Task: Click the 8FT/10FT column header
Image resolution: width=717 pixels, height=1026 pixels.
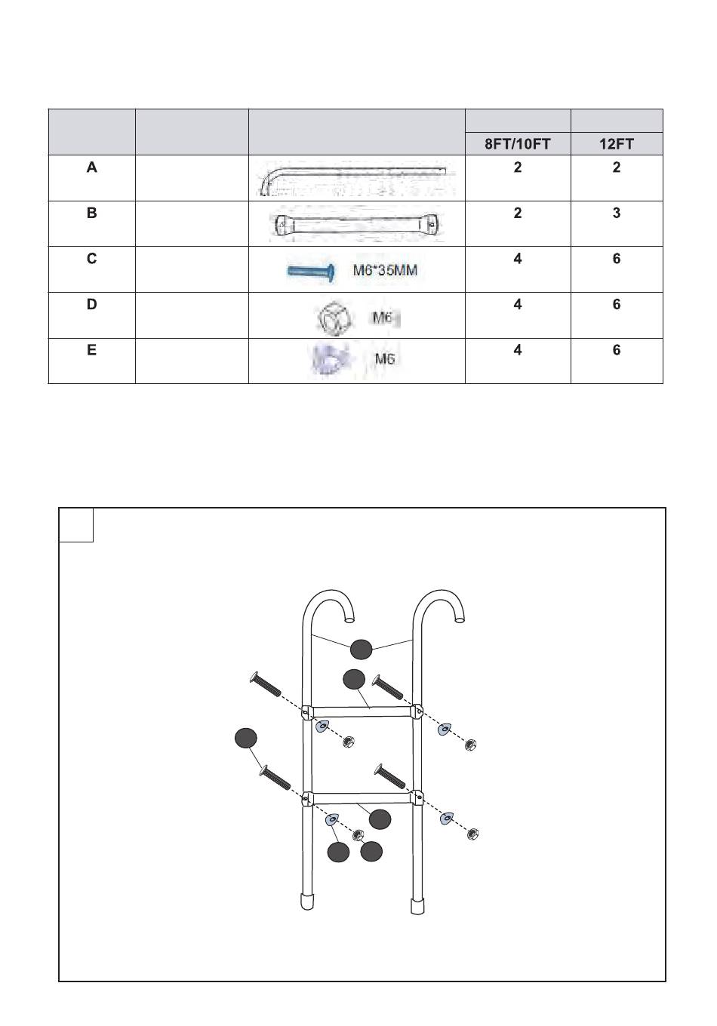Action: [x=517, y=144]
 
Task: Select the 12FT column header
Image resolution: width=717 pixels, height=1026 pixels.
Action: [x=616, y=144]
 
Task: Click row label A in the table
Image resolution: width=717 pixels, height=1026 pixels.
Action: [x=91, y=167]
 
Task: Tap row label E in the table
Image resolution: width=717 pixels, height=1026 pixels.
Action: [x=91, y=350]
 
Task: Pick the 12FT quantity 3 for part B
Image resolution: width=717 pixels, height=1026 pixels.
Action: [x=616, y=213]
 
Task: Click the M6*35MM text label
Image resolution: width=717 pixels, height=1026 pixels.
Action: [x=385, y=270]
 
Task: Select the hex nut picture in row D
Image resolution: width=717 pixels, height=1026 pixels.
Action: [x=336, y=317]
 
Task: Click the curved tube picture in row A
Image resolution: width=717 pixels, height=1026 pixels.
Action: [x=352, y=177]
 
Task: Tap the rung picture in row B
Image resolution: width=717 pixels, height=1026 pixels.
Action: [x=356, y=225]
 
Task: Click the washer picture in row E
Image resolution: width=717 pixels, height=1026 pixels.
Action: [x=330, y=358]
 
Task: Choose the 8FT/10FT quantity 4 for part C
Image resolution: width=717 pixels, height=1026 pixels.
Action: [x=517, y=259]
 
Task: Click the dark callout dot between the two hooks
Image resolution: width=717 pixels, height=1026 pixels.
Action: [x=361, y=649]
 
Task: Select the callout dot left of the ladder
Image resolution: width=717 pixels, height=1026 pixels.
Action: [x=245, y=738]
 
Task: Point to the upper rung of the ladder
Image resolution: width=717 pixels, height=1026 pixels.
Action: [x=362, y=711]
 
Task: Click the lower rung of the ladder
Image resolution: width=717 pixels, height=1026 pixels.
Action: [x=362, y=798]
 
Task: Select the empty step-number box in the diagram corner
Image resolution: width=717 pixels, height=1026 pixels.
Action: [x=76, y=525]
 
